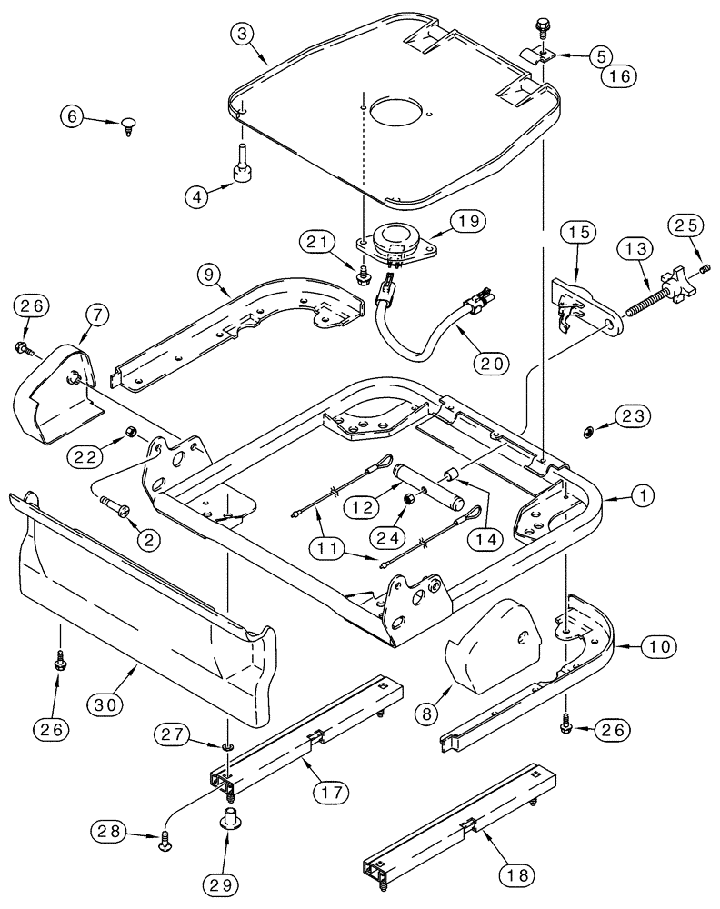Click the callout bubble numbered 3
coord(241,34)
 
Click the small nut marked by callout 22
coord(130,430)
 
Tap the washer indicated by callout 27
coord(225,747)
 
